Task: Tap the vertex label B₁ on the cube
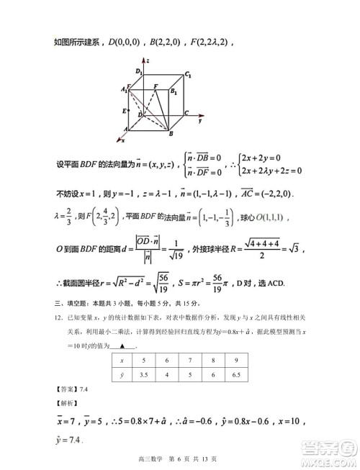click(x=173, y=91)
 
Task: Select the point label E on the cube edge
click(x=125, y=111)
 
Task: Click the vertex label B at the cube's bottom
click(x=170, y=134)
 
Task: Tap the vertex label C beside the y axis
click(x=186, y=113)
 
